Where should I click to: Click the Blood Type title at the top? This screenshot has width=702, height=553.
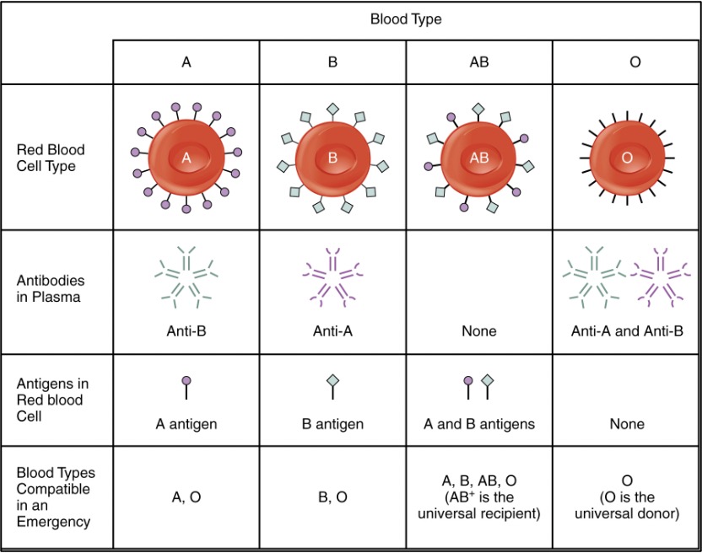[x=406, y=19]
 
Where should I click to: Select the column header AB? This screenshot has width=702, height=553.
[x=478, y=62]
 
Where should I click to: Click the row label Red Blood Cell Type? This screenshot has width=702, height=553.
[x=51, y=158]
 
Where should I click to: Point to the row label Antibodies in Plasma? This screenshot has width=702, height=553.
[x=51, y=288]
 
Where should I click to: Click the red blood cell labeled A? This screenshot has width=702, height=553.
[x=186, y=157]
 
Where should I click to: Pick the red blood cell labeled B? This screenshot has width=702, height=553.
[x=332, y=157]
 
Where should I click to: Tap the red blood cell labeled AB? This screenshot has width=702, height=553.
[x=478, y=157]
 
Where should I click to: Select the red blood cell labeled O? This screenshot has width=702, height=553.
[x=626, y=157]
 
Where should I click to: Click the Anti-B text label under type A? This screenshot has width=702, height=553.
[x=186, y=331]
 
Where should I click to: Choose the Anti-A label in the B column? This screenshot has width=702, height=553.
[x=332, y=331]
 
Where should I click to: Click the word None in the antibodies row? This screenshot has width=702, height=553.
[x=478, y=331]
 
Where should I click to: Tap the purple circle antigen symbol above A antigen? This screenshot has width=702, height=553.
[x=186, y=382]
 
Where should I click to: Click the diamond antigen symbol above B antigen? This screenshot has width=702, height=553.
[x=332, y=381]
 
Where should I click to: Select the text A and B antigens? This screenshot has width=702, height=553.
[x=478, y=424]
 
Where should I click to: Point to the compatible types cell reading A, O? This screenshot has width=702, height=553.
[x=186, y=497]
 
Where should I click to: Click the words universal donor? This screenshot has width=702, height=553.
[x=636, y=513]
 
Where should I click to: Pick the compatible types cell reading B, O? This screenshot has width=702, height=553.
[x=332, y=497]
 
